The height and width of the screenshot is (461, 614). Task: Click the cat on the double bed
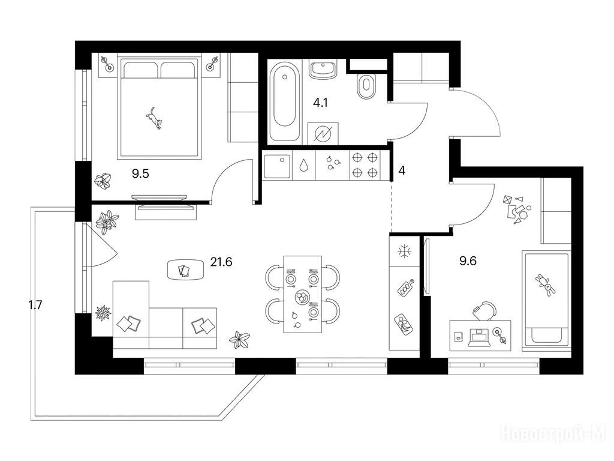(154, 118)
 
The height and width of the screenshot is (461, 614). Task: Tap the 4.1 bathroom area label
(320, 103)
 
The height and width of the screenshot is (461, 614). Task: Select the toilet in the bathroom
(366, 86)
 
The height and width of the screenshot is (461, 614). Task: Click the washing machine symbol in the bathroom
(323, 134)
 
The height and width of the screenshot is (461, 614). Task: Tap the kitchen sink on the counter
(277, 166)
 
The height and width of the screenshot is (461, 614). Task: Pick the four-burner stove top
(365, 165)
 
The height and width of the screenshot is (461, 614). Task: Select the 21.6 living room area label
(221, 262)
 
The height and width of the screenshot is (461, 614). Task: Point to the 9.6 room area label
(468, 261)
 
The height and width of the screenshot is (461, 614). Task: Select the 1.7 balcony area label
(35, 305)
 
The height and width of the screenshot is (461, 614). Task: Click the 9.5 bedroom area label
(140, 173)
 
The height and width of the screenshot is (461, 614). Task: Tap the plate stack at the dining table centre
(302, 297)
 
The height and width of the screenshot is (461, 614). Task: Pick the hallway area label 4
(401, 170)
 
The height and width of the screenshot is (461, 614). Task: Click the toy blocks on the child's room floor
(516, 208)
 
